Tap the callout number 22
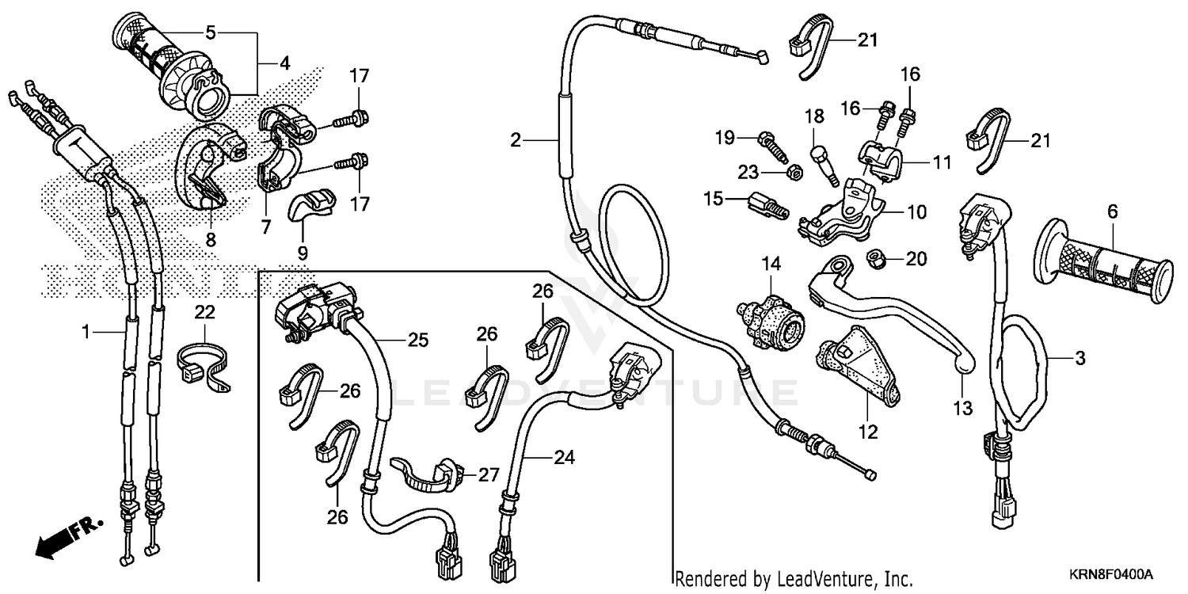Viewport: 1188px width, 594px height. (204, 313)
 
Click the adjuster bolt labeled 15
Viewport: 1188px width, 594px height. (764, 204)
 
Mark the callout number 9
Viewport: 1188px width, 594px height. (303, 253)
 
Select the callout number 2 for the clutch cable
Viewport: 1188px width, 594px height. (516, 141)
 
